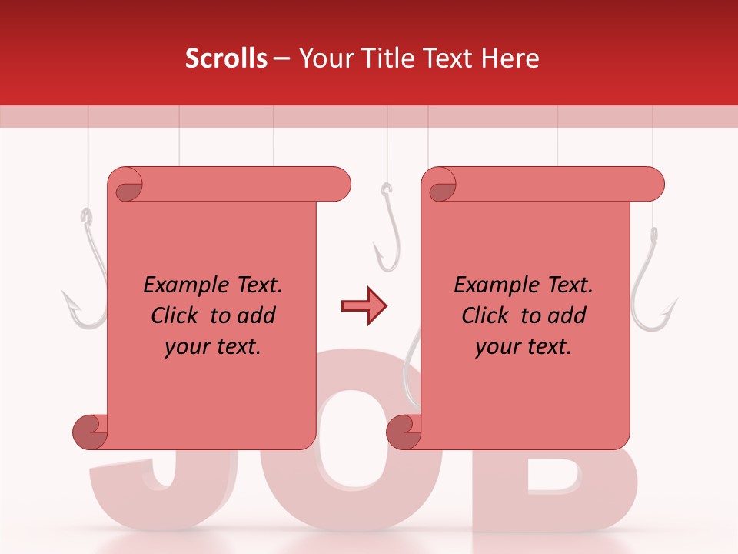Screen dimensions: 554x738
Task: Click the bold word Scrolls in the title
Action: (226, 58)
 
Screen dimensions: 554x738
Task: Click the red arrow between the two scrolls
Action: (364, 306)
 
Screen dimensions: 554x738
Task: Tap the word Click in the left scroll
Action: (176, 315)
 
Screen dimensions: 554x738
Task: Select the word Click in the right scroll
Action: (486, 315)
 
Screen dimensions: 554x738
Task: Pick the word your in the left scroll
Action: (185, 347)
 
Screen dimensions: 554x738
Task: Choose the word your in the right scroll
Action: (496, 347)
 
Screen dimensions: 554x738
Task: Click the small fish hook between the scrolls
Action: (387, 231)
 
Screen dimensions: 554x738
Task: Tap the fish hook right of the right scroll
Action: (653, 285)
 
